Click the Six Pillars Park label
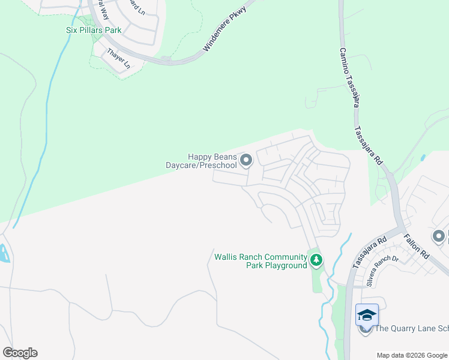94,30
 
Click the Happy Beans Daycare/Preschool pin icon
246,160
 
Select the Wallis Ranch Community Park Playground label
261,261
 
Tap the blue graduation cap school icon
367,314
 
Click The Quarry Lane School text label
411,328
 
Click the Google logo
20,352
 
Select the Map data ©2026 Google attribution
412,355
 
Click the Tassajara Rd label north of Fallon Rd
368,146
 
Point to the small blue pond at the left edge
4,254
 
